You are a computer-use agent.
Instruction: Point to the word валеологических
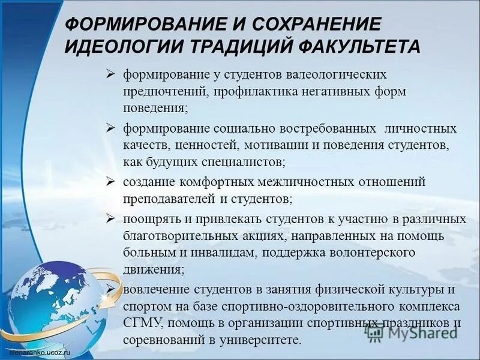[340, 76]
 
